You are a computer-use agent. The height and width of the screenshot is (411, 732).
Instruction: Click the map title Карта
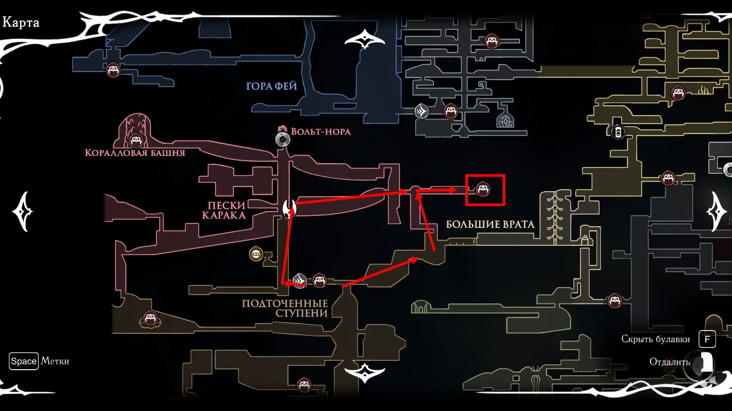coord(21,22)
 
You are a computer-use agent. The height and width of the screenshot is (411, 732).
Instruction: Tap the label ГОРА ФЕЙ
coord(272,86)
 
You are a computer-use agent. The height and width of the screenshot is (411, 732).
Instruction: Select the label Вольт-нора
coord(320,132)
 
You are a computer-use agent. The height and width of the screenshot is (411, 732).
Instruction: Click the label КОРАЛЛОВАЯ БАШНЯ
coord(135,153)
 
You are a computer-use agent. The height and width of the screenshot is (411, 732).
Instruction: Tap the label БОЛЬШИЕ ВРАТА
coord(490,224)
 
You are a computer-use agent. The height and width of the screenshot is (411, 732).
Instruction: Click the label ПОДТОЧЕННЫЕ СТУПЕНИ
coord(285,308)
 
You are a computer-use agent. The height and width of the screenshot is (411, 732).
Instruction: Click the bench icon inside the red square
coord(483,189)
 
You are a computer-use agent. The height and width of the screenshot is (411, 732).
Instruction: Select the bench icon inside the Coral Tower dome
coord(136,140)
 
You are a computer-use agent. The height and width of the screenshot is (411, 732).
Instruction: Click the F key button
coord(707,339)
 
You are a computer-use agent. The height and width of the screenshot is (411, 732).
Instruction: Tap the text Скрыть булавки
coord(655,339)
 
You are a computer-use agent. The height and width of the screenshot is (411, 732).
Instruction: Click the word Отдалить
coord(669,362)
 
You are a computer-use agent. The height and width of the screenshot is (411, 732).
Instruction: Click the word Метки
coord(55,361)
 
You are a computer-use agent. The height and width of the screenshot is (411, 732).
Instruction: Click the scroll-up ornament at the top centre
coord(364,40)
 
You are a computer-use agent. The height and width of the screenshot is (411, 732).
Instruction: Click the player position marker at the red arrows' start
coord(289,208)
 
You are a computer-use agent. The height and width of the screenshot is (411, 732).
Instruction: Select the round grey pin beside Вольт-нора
coord(283,140)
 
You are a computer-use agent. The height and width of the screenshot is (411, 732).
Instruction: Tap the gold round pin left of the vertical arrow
coord(256,254)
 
